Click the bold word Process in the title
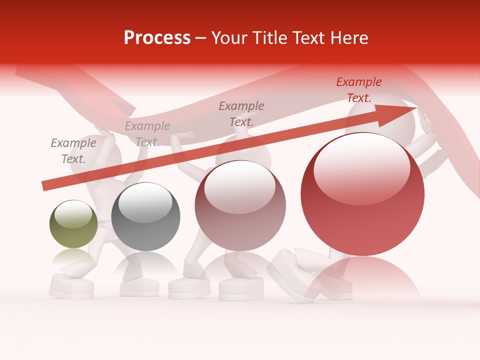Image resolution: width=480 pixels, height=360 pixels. tap(157, 38)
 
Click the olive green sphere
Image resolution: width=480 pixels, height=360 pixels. tap(73, 225)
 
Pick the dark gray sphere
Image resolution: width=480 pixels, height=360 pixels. tap(145, 217)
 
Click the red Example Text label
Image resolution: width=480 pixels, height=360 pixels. tap(358, 90)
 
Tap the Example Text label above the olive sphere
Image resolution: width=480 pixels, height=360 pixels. tap(73, 151)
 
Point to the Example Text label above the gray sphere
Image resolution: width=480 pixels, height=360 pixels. tap(147, 134)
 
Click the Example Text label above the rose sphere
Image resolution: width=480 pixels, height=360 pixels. tap(241, 113)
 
